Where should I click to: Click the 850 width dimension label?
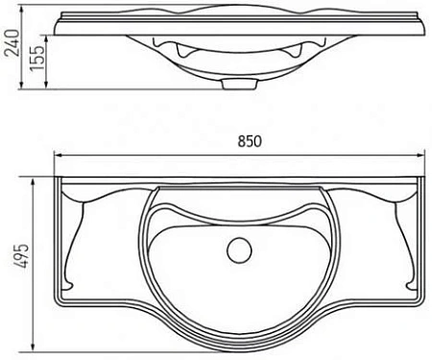point(250,141)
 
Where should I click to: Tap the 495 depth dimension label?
point(22,256)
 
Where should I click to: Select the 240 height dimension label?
point(12,42)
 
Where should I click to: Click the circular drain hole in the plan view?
point(239,251)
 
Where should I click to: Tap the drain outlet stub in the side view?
point(239,84)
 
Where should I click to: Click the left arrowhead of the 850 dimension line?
point(59,155)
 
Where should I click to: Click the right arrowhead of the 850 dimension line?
point(420,155)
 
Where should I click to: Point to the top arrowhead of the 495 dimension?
point(33,182)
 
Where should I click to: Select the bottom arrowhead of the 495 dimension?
point(33,347)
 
